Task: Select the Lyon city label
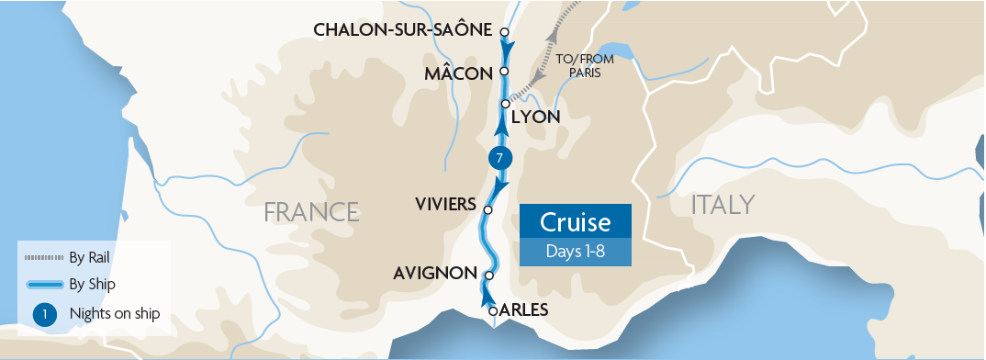tap(535, 118)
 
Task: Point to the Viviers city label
tap(444, 203)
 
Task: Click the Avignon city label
tap(434, 274)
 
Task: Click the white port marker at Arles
tap(494, 311)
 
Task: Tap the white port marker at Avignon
tap(489, 275)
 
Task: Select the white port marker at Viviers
tap(487, 209)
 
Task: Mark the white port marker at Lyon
tap(505, 104)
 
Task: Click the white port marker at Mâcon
tap(504, 72)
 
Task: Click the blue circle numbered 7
tap(499, 157)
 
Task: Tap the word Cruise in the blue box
tap(576, 222)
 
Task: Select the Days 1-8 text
tap(576, 252)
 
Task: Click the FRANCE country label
tap(311, 212)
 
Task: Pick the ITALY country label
tap(723, 205)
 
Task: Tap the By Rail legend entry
tap(89, 256)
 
